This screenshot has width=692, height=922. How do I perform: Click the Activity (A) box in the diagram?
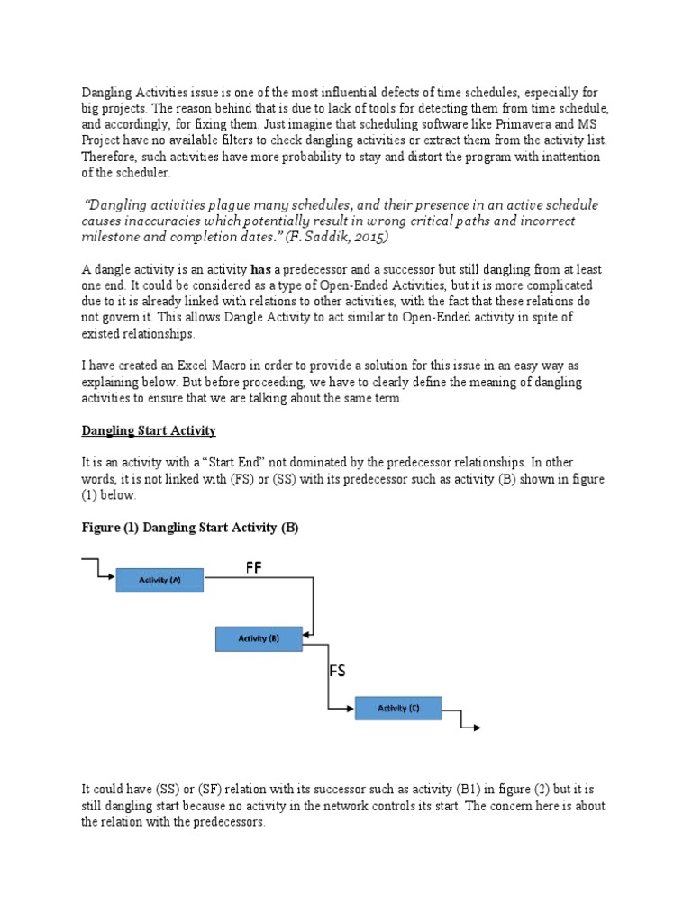point(159,581)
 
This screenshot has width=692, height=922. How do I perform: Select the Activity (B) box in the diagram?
point(259,638)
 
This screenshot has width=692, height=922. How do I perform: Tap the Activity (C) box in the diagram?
point(397,709)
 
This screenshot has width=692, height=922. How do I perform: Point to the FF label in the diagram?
point(255,568)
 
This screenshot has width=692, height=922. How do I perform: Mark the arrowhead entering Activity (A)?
point(111,574)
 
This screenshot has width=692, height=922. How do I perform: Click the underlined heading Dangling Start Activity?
point(149,431)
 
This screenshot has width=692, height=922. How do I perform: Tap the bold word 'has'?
point(260,270)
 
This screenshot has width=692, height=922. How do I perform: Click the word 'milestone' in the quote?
point(115,238)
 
